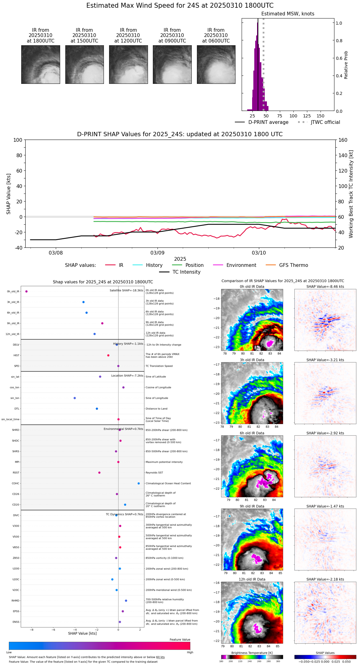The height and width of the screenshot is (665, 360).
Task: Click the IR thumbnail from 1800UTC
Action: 40,64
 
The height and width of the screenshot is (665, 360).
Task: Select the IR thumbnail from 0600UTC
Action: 216,64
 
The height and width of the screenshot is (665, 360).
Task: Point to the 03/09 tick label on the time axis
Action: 157,253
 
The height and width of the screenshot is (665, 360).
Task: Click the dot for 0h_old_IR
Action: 27,292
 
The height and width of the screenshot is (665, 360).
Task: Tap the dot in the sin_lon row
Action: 75,398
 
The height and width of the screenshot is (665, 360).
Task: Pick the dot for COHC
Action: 139,483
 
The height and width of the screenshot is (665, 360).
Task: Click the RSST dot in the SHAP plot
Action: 99,473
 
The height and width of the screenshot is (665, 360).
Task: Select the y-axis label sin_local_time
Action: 10,419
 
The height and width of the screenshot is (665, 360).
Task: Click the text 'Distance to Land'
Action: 156,409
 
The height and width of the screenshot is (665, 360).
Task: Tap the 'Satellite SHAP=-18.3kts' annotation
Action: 126,291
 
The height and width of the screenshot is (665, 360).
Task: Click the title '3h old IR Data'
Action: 252,360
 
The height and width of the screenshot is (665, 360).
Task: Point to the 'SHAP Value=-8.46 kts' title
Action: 325,287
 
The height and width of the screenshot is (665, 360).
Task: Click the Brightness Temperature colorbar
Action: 252,657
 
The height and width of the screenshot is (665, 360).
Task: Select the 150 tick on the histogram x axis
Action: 321,116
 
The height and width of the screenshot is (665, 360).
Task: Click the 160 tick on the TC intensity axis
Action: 343,140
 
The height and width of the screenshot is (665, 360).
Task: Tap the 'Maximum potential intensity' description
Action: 164,462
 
